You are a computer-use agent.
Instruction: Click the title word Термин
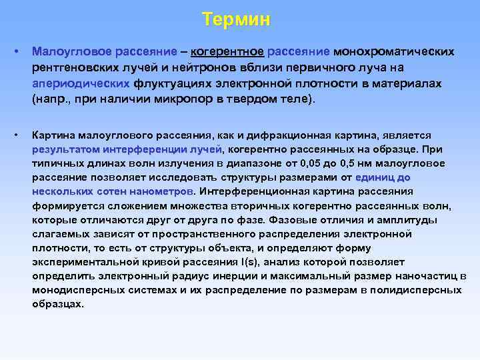[x=237, y=19]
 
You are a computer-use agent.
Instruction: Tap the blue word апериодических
[x=81, y=85]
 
